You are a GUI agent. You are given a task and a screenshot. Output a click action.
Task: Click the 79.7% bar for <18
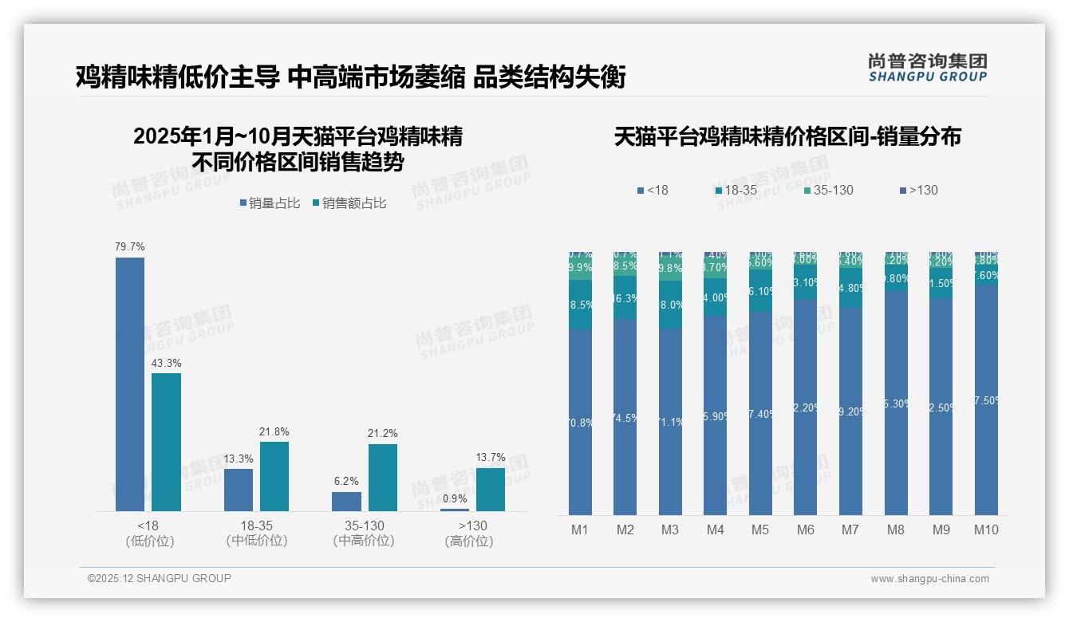[130, 384]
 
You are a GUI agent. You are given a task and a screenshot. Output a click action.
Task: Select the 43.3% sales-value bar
[166, 442]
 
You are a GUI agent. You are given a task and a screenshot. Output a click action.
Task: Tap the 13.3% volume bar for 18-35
[238, 490]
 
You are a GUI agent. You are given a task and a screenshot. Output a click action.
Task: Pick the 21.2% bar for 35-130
[383, 477]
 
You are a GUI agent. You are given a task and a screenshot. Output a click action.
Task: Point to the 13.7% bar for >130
[491, 489]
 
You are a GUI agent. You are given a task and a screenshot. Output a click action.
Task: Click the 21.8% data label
[274, 431]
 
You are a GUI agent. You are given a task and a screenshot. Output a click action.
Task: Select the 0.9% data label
[454, 499]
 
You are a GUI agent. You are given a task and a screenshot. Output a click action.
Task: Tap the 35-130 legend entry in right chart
[833, 191]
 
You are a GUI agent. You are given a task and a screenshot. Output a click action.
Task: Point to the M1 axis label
[580, 529]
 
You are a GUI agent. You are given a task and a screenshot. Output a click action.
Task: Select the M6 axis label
[806, 529]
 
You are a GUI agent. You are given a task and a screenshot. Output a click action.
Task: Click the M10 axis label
[986, 529]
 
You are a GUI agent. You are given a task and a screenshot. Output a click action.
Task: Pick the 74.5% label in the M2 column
[625, 418]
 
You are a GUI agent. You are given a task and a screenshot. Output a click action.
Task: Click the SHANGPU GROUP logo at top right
[927, 68]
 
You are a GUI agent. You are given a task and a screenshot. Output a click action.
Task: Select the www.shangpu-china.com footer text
[929, 579]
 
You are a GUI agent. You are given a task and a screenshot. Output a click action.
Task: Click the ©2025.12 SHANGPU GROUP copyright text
[160, 578]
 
